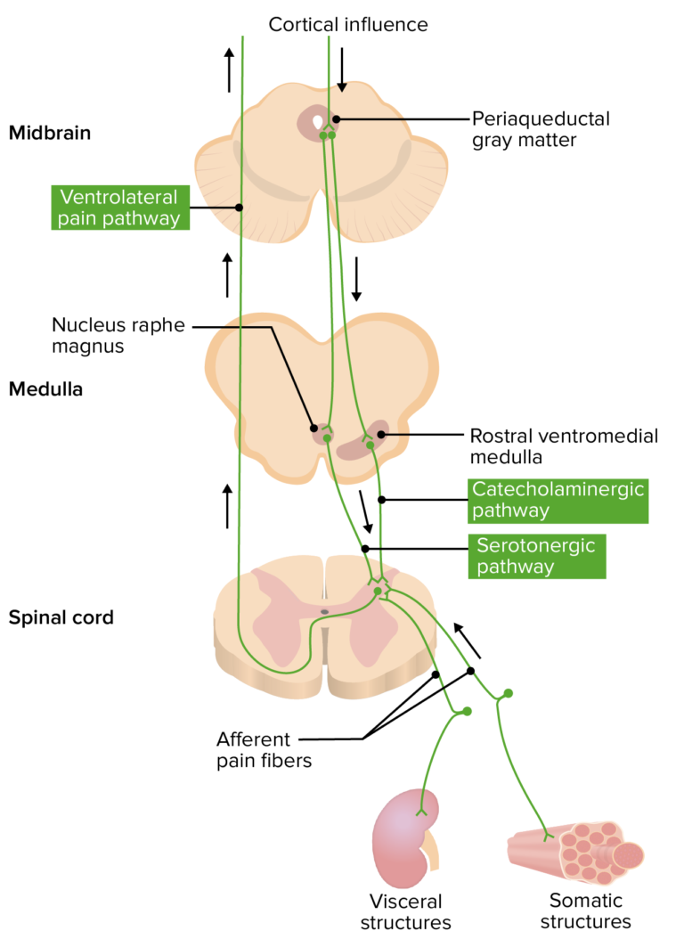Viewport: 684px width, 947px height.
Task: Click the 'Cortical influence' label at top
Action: pos(348,24)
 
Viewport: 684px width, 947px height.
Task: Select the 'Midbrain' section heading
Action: pos(50,134)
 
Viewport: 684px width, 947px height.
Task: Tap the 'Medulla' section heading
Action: pos(45,388)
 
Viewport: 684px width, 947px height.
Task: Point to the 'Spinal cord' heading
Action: pos(61,616)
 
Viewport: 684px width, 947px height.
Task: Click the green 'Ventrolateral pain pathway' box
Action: pos(119,208)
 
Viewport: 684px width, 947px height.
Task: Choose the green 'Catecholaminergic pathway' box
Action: pos(558,500)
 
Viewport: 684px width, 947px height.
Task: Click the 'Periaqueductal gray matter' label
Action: pos(541,129)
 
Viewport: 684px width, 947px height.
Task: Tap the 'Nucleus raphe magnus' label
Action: pos(118,336)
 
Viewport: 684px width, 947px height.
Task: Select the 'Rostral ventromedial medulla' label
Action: pos(564,445)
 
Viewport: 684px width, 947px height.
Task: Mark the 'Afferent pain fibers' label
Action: pos(254,749)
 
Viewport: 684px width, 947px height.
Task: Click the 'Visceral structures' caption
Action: pos(405,911)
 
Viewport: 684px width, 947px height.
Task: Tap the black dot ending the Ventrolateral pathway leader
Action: pos(240,208)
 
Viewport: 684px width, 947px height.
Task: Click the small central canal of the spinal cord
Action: pos(324,612)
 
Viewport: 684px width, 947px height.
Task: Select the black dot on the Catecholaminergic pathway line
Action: pos(381,500)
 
